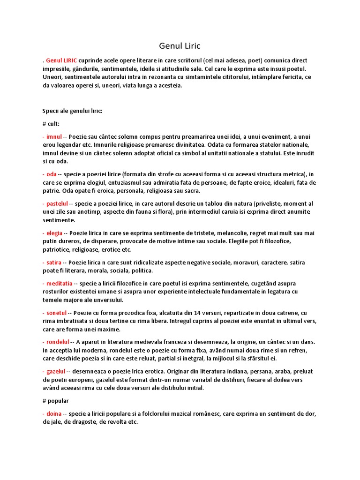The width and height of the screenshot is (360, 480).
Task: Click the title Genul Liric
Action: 180,46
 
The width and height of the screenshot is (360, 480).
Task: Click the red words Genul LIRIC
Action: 61,60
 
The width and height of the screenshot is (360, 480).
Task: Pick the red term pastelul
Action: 57,203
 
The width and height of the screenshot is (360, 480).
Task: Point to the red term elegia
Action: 54,233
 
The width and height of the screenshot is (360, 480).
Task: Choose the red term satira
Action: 54,262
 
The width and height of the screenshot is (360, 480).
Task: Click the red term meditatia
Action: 59,283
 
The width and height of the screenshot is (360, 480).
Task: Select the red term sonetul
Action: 57,313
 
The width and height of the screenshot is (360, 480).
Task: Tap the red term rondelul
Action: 58,342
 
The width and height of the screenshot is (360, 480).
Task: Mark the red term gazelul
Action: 56,371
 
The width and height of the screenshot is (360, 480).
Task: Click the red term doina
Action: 54,413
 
